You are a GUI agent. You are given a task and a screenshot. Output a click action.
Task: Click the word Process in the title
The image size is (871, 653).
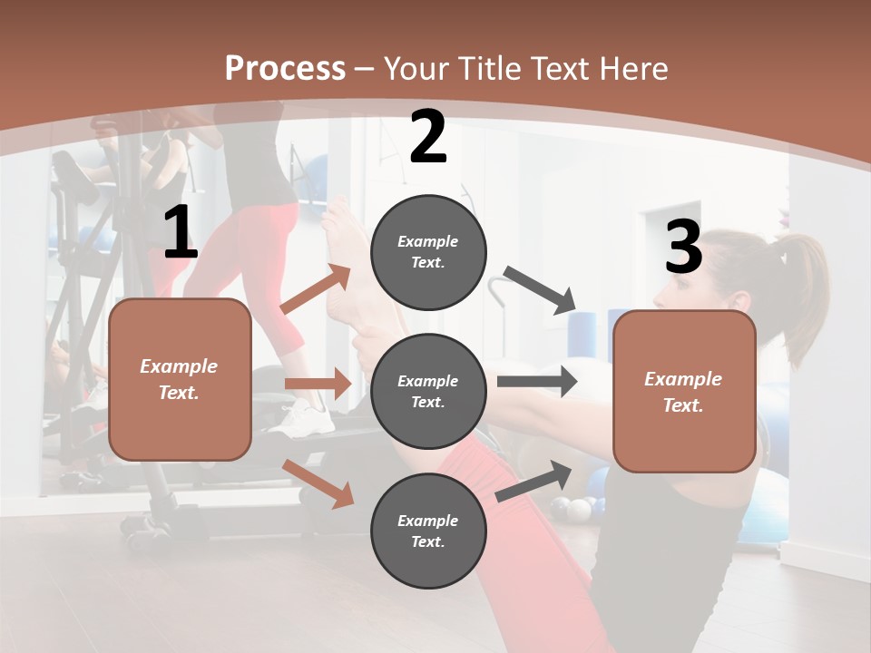[285, 69]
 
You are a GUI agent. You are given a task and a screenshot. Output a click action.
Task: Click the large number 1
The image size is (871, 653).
[181, 234]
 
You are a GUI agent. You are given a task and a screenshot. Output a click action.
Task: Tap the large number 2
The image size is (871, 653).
[428, 138]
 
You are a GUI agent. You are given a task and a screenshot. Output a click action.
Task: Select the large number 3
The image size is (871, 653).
[683, 248]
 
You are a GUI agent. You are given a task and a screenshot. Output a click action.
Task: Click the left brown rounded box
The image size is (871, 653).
[180, 379]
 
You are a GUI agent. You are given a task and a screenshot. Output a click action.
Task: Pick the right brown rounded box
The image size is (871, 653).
[684, 392]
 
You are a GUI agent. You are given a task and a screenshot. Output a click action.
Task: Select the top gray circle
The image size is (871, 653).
[428, 252]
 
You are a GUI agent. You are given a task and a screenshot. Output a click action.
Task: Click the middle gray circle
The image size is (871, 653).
[428, 392]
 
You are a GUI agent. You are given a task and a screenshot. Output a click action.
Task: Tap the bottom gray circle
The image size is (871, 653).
[428, 531]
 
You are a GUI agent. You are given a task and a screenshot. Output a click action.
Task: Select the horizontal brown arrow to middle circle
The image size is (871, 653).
[318, 384]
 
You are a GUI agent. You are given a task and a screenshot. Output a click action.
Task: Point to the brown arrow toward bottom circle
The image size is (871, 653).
[318, 482]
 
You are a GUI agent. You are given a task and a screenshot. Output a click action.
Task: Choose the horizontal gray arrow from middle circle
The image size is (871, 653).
[537, 382]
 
